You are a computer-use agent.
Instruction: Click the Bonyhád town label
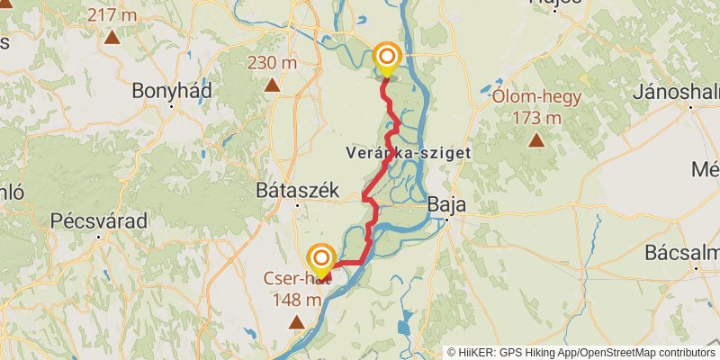pos(171,91)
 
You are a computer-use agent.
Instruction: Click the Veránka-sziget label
pos(408,154)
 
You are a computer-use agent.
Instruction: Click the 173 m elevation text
pos(536,118)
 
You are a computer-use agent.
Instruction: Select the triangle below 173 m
pos(536,139)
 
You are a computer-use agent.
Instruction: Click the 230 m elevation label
pos(272,63)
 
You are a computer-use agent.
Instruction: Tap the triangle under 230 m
pos(272,85)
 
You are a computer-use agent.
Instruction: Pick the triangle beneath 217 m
pos(112,37)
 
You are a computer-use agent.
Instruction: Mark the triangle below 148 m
pos(297,321)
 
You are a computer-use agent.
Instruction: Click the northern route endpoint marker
pos(387,58)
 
